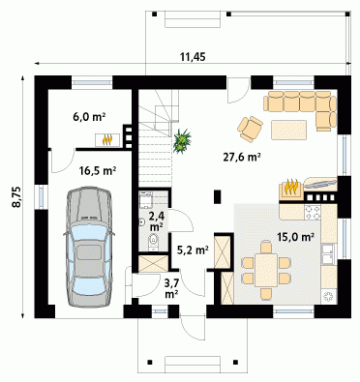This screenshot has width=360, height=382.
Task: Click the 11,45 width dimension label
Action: pos(193,57)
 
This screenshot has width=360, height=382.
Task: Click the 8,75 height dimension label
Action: pos(16,196)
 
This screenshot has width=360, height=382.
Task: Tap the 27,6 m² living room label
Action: pos(242,157)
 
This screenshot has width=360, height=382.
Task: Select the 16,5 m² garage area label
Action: pos(98,170)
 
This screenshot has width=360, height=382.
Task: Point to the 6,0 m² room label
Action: pos(89,116)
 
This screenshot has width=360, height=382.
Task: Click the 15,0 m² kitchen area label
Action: pos(296,237)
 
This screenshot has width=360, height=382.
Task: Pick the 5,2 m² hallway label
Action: pos(193,250)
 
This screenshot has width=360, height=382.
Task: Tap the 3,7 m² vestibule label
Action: pos(171,288)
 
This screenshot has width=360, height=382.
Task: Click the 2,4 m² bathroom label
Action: pos(156,220)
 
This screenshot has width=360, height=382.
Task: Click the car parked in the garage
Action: pos(89,247)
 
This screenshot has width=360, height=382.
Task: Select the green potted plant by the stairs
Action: pos(182,141)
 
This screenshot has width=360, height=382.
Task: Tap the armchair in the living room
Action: pos(250,129)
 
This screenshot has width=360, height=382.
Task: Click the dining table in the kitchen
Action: pos(266,270)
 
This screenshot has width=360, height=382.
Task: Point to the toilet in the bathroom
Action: pos(154,242)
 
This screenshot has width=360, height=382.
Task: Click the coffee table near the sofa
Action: pos(288,130)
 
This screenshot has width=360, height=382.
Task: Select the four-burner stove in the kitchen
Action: pos(313,212)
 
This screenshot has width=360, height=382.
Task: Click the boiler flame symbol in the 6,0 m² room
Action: pos(107,140)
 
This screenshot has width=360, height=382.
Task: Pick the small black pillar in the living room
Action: pos(218,197)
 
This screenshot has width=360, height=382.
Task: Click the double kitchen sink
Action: pos(329,254)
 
